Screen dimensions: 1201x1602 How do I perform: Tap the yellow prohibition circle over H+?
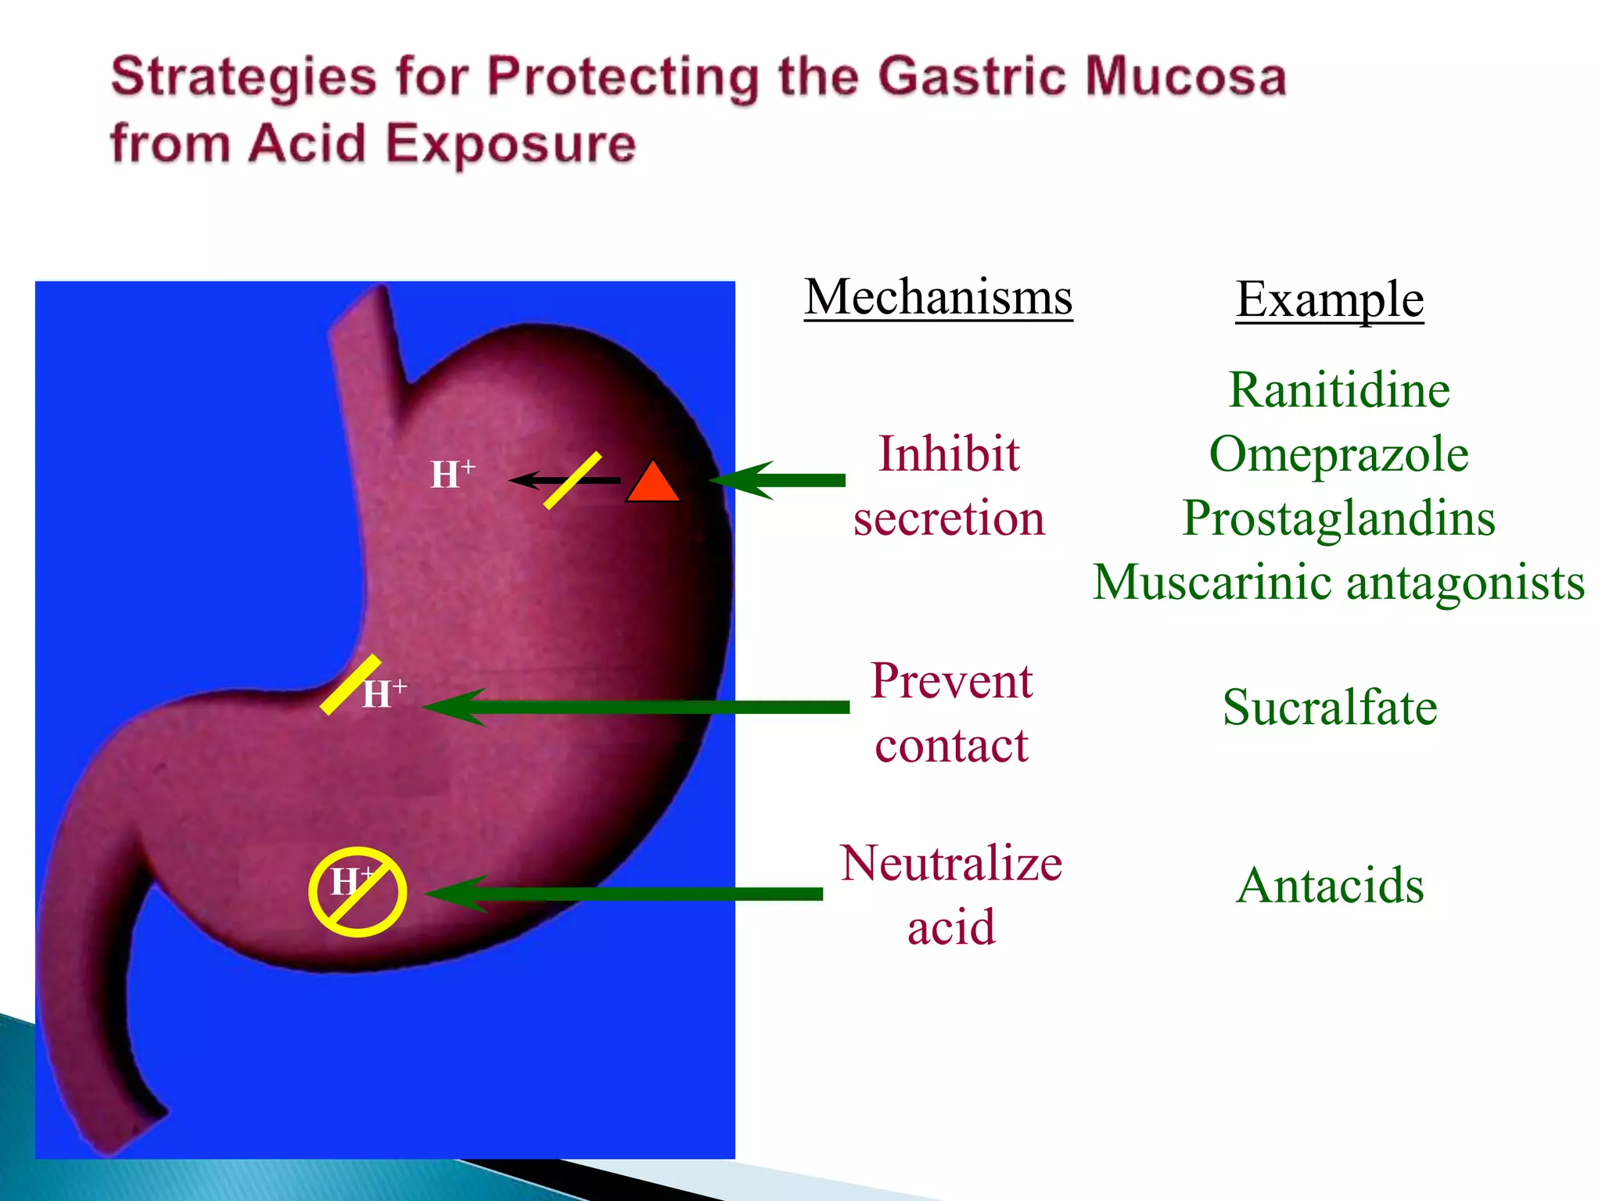[x=357, y=892]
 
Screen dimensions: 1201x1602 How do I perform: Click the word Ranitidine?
[x=1338, y=390]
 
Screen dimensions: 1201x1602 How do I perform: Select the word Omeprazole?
[x=1338, y=454]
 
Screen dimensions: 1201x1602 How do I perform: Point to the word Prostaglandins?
[x=1338, y=518]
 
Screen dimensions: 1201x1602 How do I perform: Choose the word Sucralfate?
[x=1330, y=708]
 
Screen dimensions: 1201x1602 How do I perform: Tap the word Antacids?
[x=1330, y=886]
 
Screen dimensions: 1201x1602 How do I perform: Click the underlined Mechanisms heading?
[x=938, y=297]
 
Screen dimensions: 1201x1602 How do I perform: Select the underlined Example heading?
[x=1329, y=299]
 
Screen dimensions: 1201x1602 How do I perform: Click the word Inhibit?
[x=949, y=454]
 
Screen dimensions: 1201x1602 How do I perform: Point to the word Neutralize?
[x=951, y=864]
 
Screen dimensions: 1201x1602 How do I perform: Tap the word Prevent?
[x=951, y=681]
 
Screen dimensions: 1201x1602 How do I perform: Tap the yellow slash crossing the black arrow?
[x=573, y=481]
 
